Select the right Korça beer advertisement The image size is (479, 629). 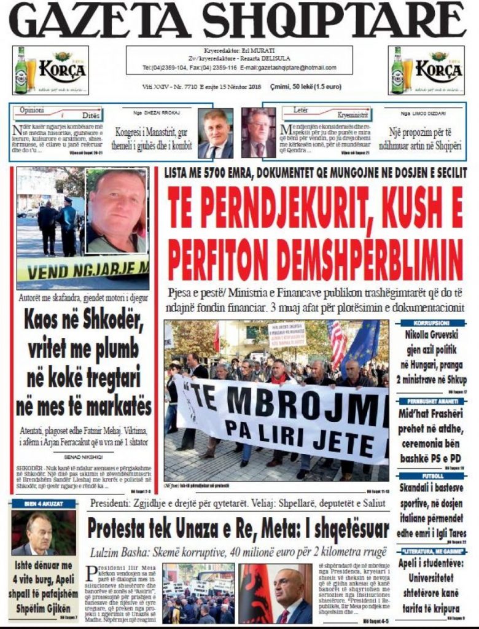426,70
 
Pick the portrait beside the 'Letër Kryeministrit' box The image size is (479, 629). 259,133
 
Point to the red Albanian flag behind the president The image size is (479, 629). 256,593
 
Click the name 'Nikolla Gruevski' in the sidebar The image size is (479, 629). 435,335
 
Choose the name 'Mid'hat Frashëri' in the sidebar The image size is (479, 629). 434,413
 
